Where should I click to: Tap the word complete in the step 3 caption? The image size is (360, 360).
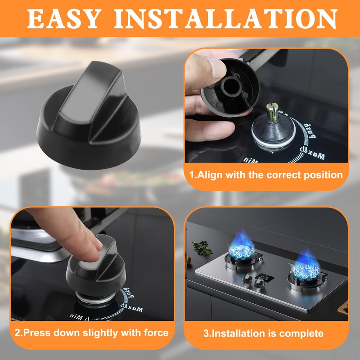(x=301, y=333)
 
